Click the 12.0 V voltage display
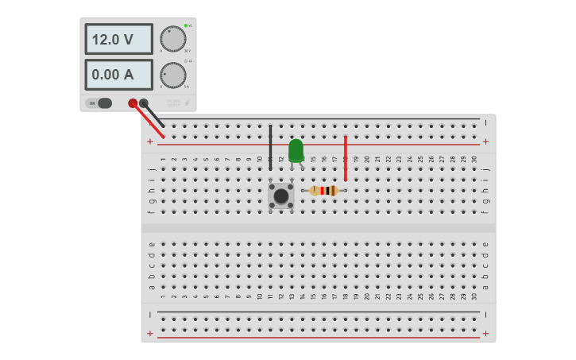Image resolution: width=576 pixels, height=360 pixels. coord(118,39)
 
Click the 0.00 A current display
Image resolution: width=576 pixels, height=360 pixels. coord(118,75)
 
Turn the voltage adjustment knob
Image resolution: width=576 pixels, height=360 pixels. coord(172,39)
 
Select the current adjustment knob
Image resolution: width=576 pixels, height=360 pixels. coord(172,75)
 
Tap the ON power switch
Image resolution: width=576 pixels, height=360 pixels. coord(99,103)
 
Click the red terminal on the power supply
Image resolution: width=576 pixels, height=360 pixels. coord(133,103)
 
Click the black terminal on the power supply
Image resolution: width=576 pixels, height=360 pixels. coord(144,103)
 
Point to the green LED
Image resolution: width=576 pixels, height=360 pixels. coord(296,149)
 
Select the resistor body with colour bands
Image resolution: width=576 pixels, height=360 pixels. coord(324,191)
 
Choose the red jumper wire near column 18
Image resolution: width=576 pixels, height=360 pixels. coord(346,157)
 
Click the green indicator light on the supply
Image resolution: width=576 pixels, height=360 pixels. coord(185,26)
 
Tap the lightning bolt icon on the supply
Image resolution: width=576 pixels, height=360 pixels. coord(187,103)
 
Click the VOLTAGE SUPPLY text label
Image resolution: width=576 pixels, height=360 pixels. coord(173,103)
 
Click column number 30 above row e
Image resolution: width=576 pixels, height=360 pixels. coord(474,296)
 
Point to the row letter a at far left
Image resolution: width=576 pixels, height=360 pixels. coord(152,287)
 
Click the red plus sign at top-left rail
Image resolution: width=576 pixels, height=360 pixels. coord(150,141)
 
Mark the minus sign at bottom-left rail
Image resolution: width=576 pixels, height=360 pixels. coord(150,315)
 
